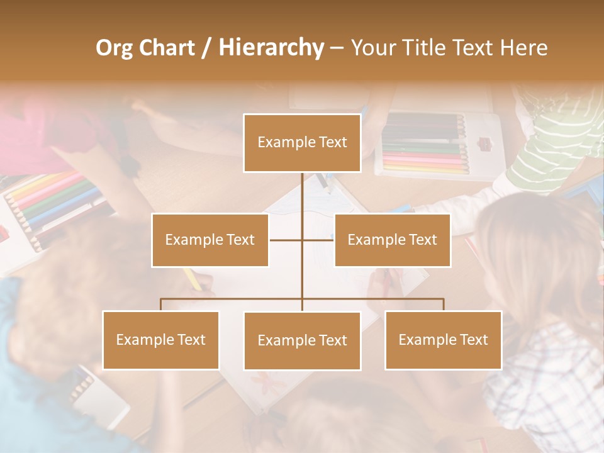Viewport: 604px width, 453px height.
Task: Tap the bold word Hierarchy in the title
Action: tap(271, 48)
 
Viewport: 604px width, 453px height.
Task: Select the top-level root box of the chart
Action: tap(302, 143)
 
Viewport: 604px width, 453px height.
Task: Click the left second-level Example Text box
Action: tap(210, 240)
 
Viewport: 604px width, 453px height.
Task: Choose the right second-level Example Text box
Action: tap(392, 240)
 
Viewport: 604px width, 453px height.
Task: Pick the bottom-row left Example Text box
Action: tap(160, 340)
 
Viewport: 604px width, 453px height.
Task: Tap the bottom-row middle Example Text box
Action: tap(302, 340)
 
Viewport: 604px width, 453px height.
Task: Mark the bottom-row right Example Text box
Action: tap(443, 340)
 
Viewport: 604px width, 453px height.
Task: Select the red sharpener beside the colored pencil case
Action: tap(484, 144)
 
